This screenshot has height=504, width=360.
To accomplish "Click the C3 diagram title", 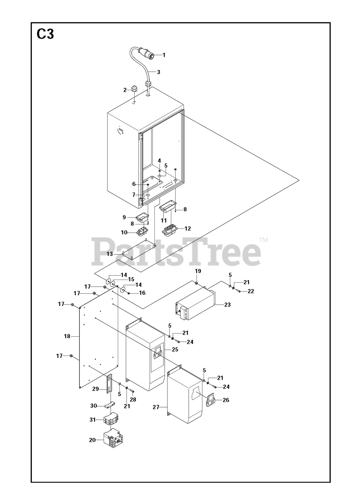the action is coord(45,35).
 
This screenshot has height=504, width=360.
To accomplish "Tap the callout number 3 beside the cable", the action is coord(158,72).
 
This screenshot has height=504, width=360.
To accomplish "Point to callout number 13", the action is coord(110,254).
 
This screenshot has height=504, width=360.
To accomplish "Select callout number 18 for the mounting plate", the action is coord(67,336).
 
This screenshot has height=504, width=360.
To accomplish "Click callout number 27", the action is coord(156,407).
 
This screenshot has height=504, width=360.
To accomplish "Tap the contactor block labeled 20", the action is coord(113,439).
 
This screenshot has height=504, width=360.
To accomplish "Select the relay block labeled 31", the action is coord(110,420).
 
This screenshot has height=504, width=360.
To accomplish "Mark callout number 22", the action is coord(251,291).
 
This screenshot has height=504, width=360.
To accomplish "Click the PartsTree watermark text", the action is coord(176,251).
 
